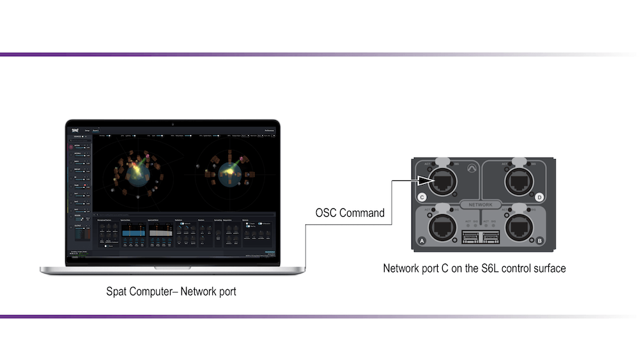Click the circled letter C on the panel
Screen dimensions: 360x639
[422, 197]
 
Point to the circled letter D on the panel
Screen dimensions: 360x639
[540, 197]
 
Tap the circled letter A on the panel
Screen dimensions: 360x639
[422, 241]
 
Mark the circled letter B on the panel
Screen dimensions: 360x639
[540, 241]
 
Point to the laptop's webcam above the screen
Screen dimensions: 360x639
[173, 123]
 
